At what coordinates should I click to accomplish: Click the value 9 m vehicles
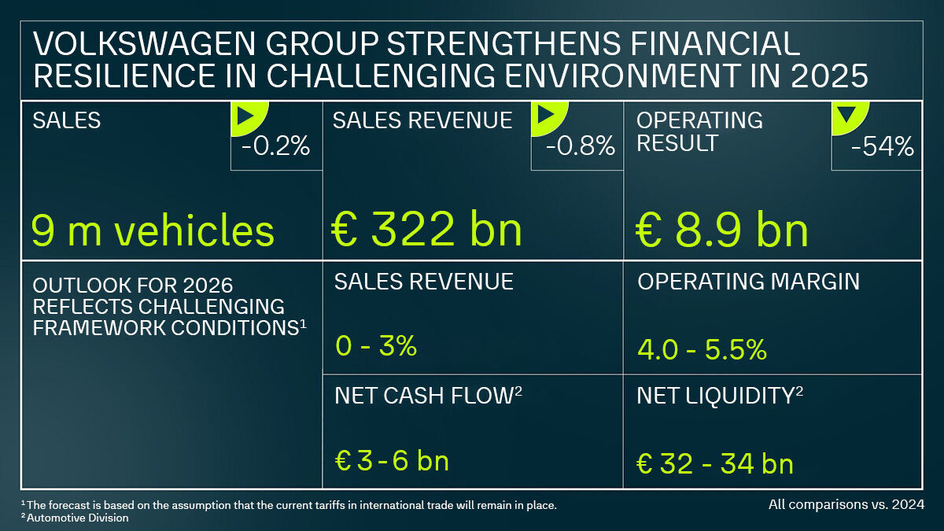153,230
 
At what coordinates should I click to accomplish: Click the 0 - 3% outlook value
375,346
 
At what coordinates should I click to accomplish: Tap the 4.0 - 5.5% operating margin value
702,349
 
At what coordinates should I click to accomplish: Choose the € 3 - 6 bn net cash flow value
392,461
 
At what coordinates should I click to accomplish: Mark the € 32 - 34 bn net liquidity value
715,463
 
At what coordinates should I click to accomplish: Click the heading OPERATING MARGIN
748,282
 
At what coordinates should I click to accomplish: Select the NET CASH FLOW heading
424,396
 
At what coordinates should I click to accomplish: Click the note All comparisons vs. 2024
846,503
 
